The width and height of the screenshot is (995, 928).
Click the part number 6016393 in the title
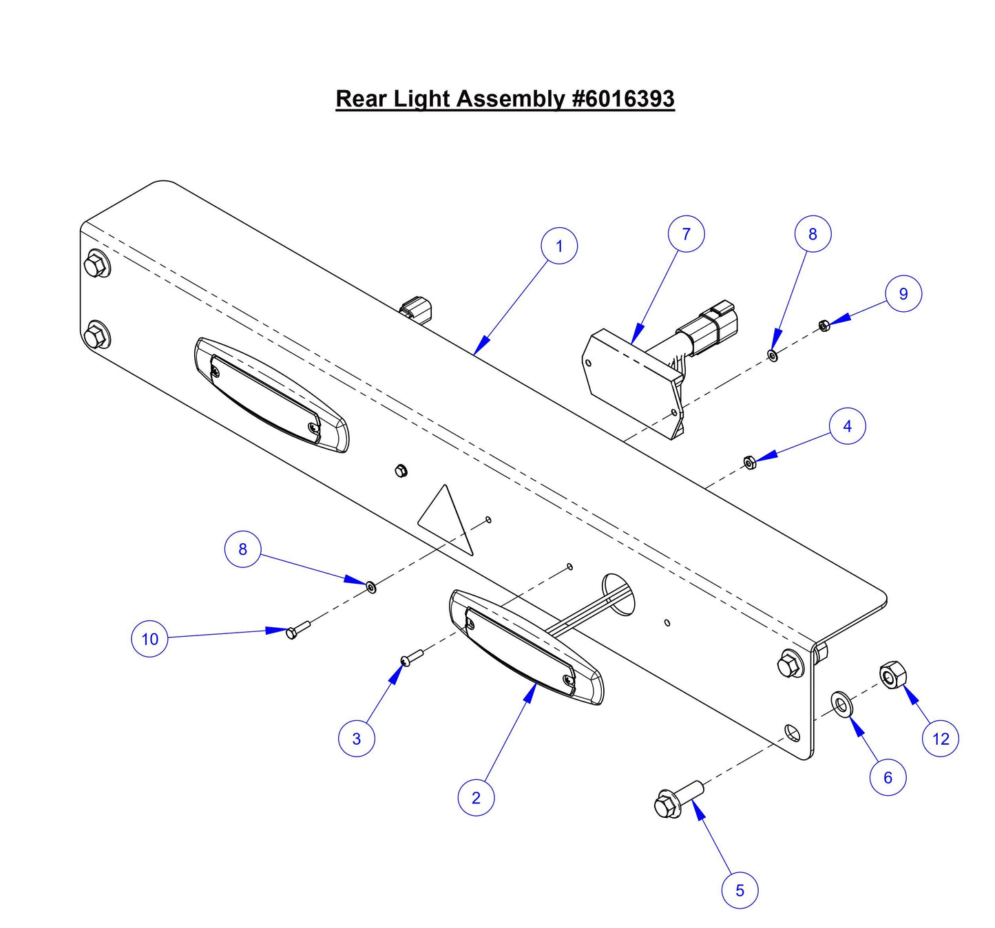coord(623,98)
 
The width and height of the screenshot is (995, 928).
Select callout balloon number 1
coord(558,246)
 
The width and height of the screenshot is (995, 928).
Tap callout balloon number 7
coord(686,234)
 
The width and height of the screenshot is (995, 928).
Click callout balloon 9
coord(903,294)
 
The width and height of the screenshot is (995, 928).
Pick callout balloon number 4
coord(847,426)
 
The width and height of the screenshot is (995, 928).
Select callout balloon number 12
coord(940,739)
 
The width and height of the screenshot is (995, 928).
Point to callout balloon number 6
coord(888,777)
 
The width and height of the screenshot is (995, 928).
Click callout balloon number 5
coord(740,890)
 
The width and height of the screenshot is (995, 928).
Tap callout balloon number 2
coord(476,798)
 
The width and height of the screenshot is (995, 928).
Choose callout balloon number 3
coord(356,739)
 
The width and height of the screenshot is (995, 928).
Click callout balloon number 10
coord(149,639)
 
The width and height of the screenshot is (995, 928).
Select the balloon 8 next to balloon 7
coord(813,234)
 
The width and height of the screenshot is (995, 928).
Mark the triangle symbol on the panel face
coord(448,521)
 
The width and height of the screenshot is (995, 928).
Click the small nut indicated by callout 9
coord(824,325)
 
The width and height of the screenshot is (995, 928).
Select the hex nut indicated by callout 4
coord(750,462)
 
